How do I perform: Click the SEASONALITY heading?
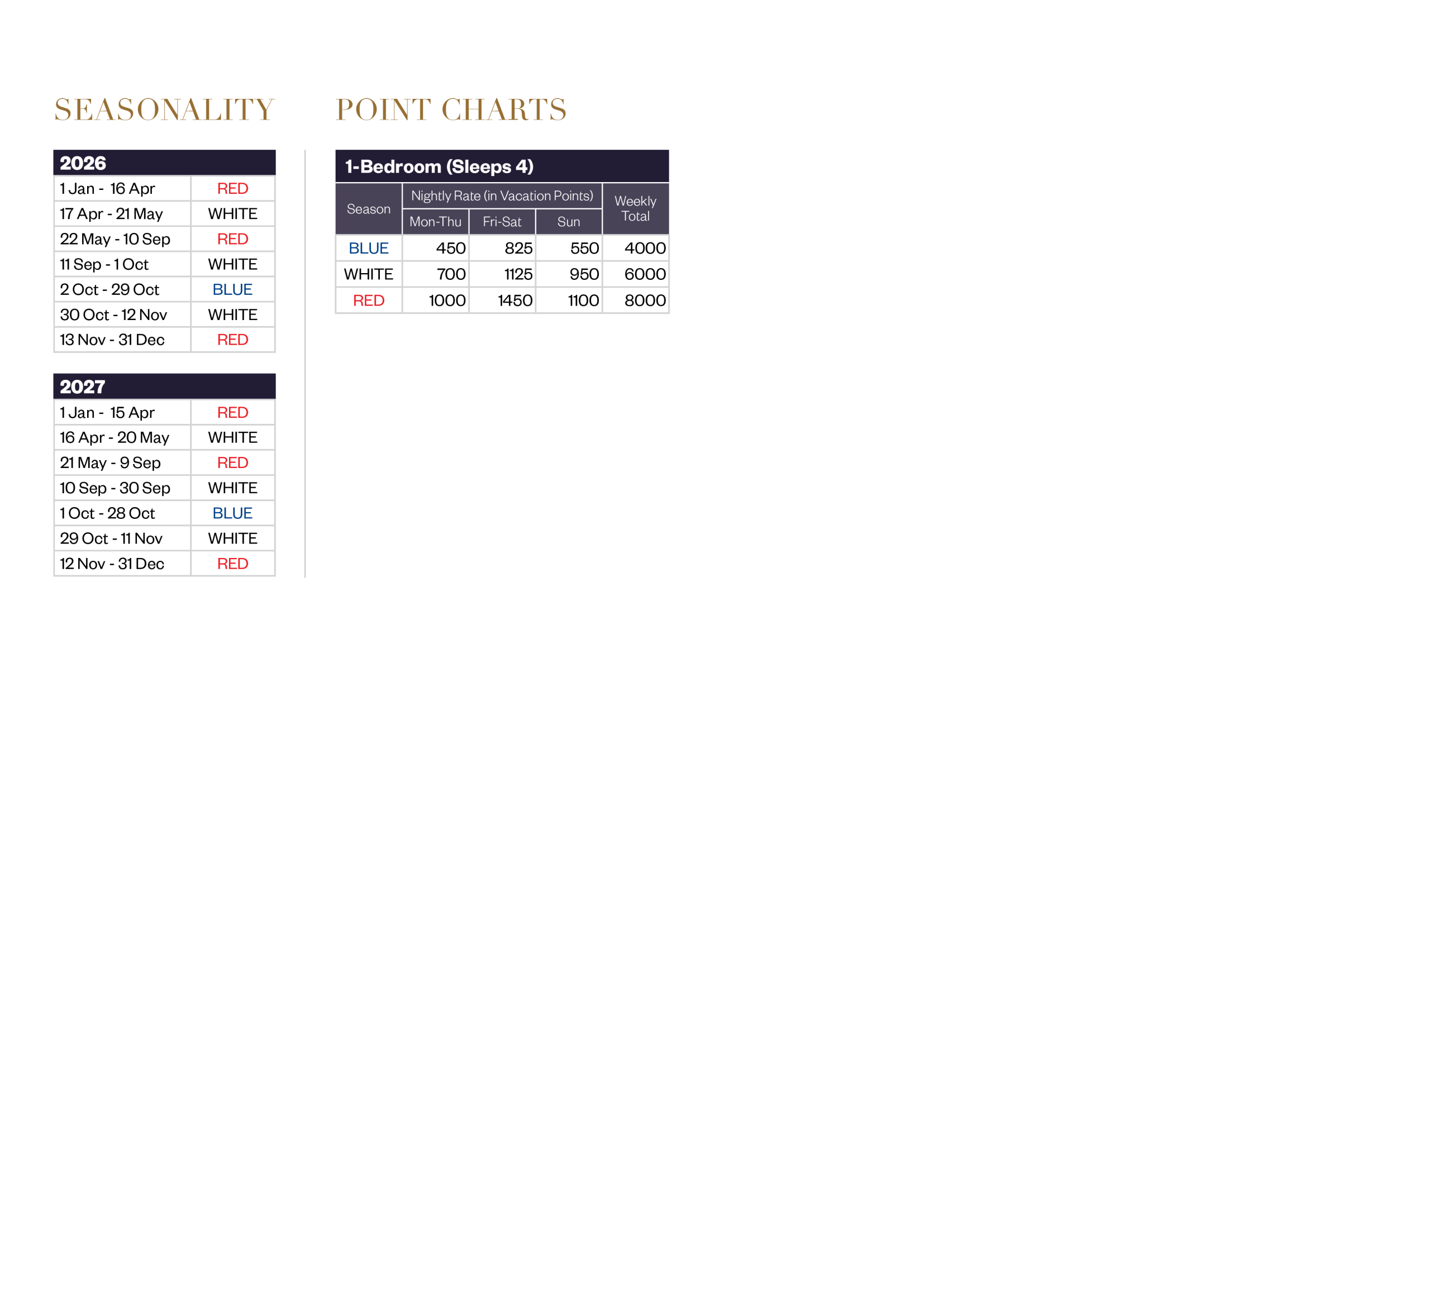[164, 110]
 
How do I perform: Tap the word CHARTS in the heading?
[504, 110]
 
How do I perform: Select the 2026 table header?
[83, 163]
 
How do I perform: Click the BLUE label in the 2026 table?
[233, 289]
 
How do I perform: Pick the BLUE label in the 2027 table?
[233, 513]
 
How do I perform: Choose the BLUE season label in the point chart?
[369, 248]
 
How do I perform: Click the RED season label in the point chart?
[369, 300]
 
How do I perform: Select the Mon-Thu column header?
[436, 222]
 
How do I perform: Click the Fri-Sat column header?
[502, 222]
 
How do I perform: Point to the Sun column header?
[569, 222]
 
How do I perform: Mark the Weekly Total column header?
[636, 208]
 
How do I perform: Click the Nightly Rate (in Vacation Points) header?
[502, 196]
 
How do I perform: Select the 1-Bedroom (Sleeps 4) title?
[439, 166]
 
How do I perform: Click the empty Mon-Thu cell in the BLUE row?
[436, 248]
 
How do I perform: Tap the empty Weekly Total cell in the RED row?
[636, 300]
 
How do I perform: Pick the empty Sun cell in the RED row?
[569, 300]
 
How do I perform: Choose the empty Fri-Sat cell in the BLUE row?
[502, 248]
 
